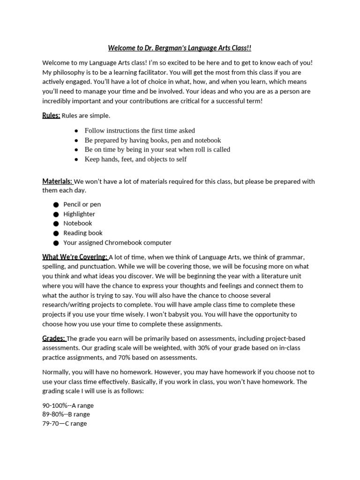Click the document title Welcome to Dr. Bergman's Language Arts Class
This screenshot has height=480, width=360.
[180, 48]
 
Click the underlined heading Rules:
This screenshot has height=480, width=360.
[51, 115]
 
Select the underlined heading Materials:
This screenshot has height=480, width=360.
[57, 181]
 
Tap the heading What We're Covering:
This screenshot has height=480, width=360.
[75, 257]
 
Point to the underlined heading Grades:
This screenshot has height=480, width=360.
[54, 338]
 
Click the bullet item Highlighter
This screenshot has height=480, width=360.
[79, 214]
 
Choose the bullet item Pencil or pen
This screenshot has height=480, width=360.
[82, 204]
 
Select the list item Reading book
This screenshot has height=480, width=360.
[83, 233]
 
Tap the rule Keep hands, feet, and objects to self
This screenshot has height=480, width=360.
[135, 159]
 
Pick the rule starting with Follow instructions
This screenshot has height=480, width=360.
[140, 131]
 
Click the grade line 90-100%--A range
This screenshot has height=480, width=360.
[68, 405]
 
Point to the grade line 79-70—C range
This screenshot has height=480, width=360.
[65, 424]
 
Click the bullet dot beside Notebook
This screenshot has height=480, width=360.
[56, 224]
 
